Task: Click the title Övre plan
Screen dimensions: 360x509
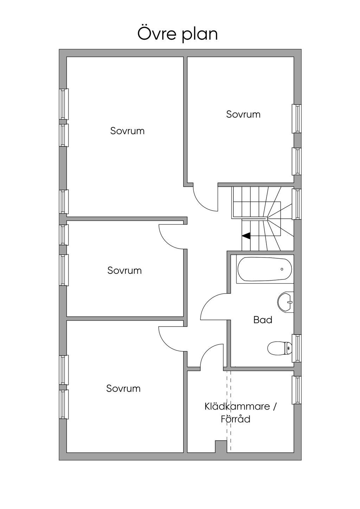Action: (178, 34)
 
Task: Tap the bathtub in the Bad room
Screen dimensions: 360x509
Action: (265, 269)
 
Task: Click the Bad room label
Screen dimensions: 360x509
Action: (263, 320)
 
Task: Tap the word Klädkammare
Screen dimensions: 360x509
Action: (237, 406)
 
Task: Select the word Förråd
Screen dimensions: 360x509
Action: (236, 419)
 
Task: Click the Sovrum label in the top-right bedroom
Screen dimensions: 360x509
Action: (243, 114)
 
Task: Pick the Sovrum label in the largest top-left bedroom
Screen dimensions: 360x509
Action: (127, 131)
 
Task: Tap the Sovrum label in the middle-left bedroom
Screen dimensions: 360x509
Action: (124, 270)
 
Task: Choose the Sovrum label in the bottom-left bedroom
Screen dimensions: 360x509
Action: (123, 388)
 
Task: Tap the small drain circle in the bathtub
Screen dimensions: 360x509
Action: (282, 269)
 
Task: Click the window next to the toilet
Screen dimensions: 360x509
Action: (296, 348)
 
